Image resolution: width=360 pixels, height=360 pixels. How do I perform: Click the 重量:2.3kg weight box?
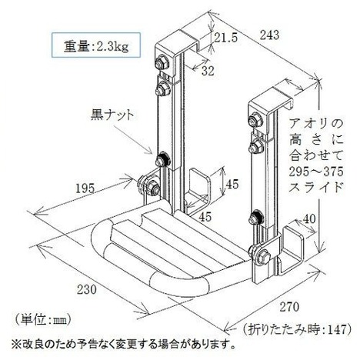tap(96, 45)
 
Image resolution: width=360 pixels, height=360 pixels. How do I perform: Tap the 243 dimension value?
tap(269, 35)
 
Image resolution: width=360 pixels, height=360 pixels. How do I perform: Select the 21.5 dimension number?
tap(226, 38)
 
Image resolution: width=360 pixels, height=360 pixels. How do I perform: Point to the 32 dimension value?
tap(208, 71)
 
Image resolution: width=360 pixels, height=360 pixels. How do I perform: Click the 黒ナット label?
tap(112, 115)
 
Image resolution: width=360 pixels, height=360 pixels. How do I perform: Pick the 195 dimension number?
tap(85, 189)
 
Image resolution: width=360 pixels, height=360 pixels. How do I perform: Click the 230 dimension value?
tap(87, 290)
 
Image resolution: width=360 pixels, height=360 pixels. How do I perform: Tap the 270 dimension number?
tap(289, 307)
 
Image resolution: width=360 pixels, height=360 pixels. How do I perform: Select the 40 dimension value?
tap(308, 219)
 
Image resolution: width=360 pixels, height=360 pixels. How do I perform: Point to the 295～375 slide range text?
tap(316, 172)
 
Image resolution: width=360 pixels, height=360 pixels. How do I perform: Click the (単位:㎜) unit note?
tap(42, 320)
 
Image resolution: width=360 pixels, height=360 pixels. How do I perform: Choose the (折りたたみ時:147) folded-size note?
tap(297, 329)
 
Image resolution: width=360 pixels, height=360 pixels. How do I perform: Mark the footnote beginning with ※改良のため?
tap(123, 345)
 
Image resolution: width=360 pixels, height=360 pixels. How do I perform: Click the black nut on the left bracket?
tap(162, 159)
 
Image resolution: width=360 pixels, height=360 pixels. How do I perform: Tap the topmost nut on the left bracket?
tap(162, 62)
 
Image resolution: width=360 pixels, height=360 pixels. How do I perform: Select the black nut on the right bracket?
tap(257, 218)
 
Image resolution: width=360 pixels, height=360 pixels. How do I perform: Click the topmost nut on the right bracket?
tap(256, 119)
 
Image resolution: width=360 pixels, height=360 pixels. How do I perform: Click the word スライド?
tap(316, 188)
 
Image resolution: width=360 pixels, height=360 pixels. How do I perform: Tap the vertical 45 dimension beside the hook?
tap(232, 184)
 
